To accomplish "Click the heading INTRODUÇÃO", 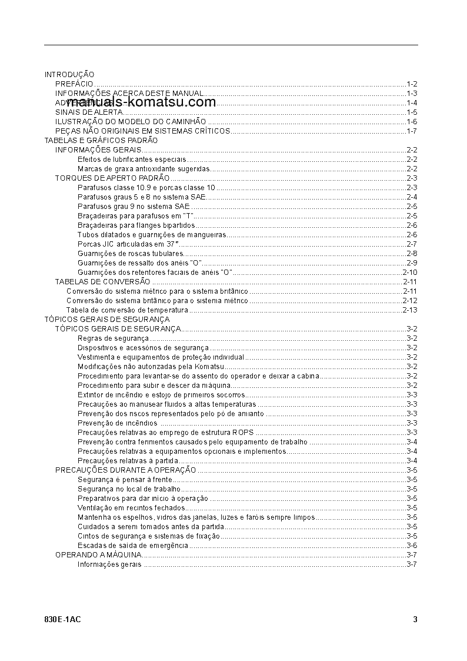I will pos(69,75).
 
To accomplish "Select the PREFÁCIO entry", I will pos(74,84).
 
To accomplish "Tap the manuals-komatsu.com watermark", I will pos(141,102).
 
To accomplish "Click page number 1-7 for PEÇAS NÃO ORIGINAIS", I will pos(411,131).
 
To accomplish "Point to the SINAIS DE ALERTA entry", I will pos(89,112).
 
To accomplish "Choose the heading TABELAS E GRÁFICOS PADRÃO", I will pos(101,141).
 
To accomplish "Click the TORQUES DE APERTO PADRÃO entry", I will pos(112,178).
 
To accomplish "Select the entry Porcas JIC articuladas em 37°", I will pos(128,244).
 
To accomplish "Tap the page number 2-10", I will pos(409,273).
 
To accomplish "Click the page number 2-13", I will pos(409,310).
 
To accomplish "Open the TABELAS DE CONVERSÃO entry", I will pos(102,282).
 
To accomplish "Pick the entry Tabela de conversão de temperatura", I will pos(127,310).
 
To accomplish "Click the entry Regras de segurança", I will pos(113,338).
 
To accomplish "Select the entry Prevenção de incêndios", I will pos(118,423).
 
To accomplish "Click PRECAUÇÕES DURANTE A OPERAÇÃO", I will pos(126,470).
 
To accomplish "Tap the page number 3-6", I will pos(411,546).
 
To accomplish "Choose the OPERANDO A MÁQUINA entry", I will pos(98,555).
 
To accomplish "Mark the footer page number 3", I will pos(415,619).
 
